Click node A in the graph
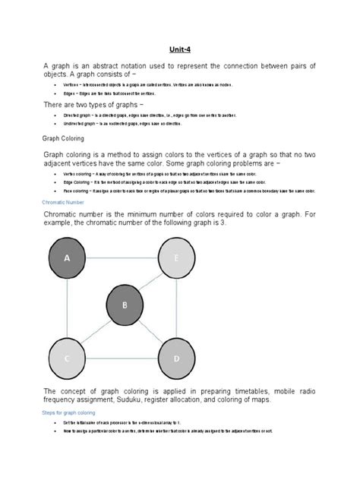67,259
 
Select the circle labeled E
175,259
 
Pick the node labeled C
67,357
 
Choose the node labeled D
175,357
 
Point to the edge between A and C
67,308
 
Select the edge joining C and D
122,357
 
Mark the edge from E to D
175,308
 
